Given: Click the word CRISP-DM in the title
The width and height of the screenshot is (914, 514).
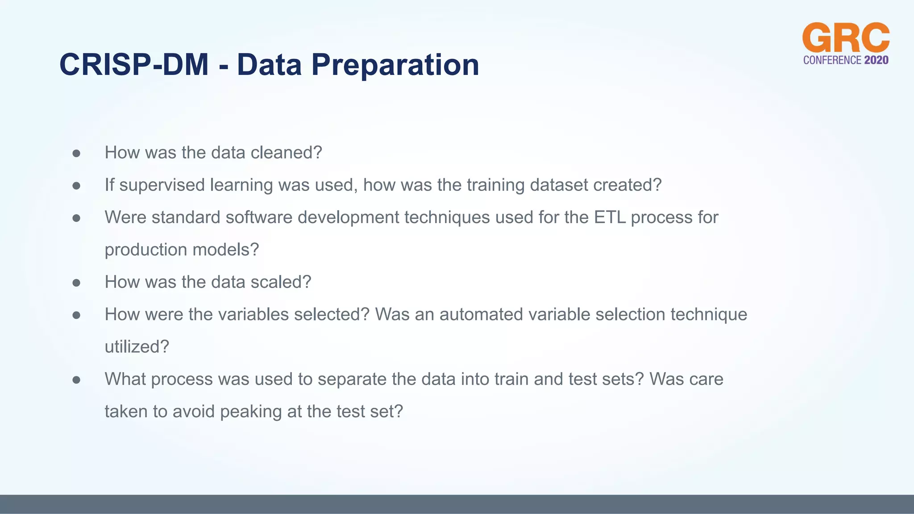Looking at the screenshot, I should click(x=134, y=65).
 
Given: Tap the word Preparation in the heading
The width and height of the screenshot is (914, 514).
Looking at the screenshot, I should click(x=395, y=65).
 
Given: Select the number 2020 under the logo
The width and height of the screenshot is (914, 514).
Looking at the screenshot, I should click(x=876, y=60).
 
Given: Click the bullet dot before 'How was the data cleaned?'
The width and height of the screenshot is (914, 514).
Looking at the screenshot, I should click(x=76, y=153).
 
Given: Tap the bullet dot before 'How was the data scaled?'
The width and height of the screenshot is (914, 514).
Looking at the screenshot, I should click(x=76, y=283).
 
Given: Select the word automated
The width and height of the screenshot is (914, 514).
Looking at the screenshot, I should click(x=481, y=315).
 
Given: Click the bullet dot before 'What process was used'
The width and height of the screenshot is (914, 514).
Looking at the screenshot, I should click(x=76, y=380).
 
